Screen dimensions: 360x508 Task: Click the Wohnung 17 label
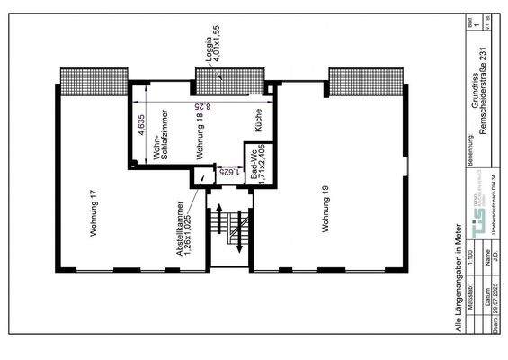pos(94,213)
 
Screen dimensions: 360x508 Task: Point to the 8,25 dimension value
pos(209,106)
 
